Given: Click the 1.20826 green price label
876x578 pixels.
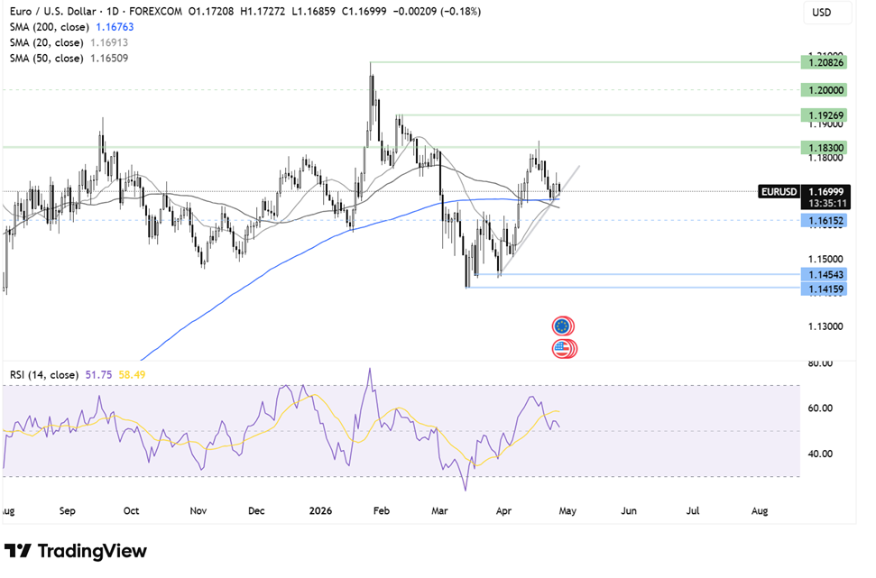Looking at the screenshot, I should tap(826, 62).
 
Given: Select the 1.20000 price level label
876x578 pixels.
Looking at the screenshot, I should tap(826, 90).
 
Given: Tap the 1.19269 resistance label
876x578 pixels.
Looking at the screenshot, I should tap(826, 115).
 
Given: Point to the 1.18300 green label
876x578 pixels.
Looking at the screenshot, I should tap(826, 147).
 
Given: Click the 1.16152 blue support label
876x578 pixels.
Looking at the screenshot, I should tap(826, 220).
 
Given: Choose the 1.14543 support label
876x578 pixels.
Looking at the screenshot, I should tap(826, 274).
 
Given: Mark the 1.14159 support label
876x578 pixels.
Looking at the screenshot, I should tap(826, 289).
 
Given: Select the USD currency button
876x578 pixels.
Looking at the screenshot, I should tap(822, 13).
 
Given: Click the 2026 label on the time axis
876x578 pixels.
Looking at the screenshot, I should tap(320, 511).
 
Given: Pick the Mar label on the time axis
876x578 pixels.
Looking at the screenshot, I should tap(440, 511).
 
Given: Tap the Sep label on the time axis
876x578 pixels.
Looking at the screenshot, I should tap(68, 511).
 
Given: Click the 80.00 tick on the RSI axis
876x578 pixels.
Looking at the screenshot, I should tap(819, 363).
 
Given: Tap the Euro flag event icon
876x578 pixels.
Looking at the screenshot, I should tap(563, 326).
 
